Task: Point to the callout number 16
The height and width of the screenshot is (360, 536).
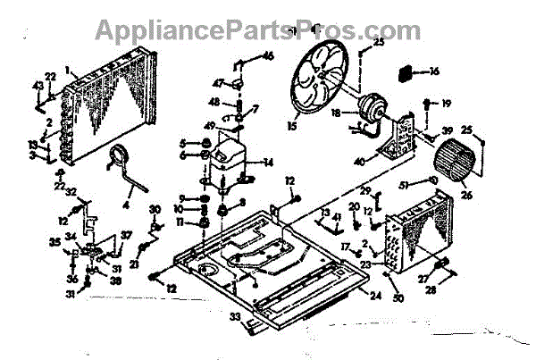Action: [435, 71]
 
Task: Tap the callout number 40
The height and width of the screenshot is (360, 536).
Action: [386, 163]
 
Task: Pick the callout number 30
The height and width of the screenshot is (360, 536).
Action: [155, 209]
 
